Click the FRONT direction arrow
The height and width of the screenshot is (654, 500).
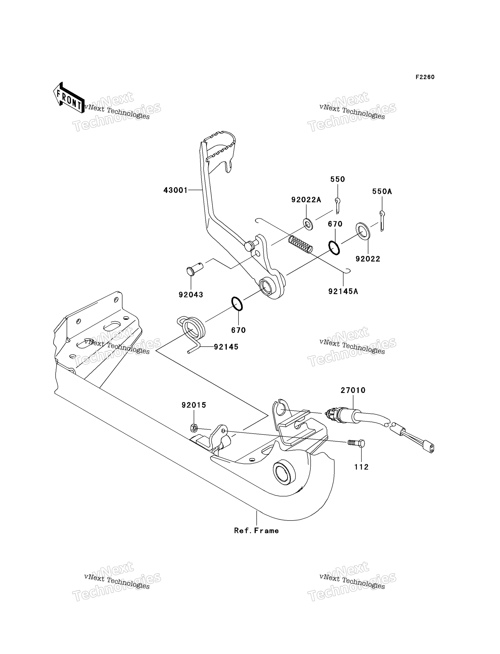[x=68, y=98]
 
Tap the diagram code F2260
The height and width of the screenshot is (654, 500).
[x=425, y=77]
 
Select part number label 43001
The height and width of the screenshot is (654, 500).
[x=176, y=190]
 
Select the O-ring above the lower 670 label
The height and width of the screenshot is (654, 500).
[x=237, y=304]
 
